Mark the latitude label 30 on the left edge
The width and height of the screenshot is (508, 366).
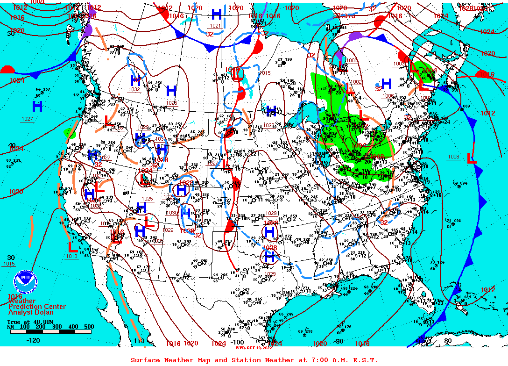(x=11, y=258)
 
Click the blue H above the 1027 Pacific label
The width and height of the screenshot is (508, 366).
(x=37, y=106)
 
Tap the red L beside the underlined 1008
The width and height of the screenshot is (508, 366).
(x=472, y=158)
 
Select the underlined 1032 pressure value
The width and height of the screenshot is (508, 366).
(x=134, y=89)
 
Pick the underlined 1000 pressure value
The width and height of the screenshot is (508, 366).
(x=352, y=61)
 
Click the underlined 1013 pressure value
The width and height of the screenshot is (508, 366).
(x=71, y=256)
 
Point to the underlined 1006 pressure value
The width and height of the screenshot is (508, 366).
(x=388, y=96)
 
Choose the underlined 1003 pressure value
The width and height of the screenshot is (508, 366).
(x=400, y=64)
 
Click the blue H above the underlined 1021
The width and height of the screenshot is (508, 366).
(x=217, y=14)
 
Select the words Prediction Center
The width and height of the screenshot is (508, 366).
(x=37, y=307)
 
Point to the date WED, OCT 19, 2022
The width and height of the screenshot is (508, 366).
(x=254, y=347)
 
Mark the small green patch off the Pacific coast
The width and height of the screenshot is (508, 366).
(x=71, y=133)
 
